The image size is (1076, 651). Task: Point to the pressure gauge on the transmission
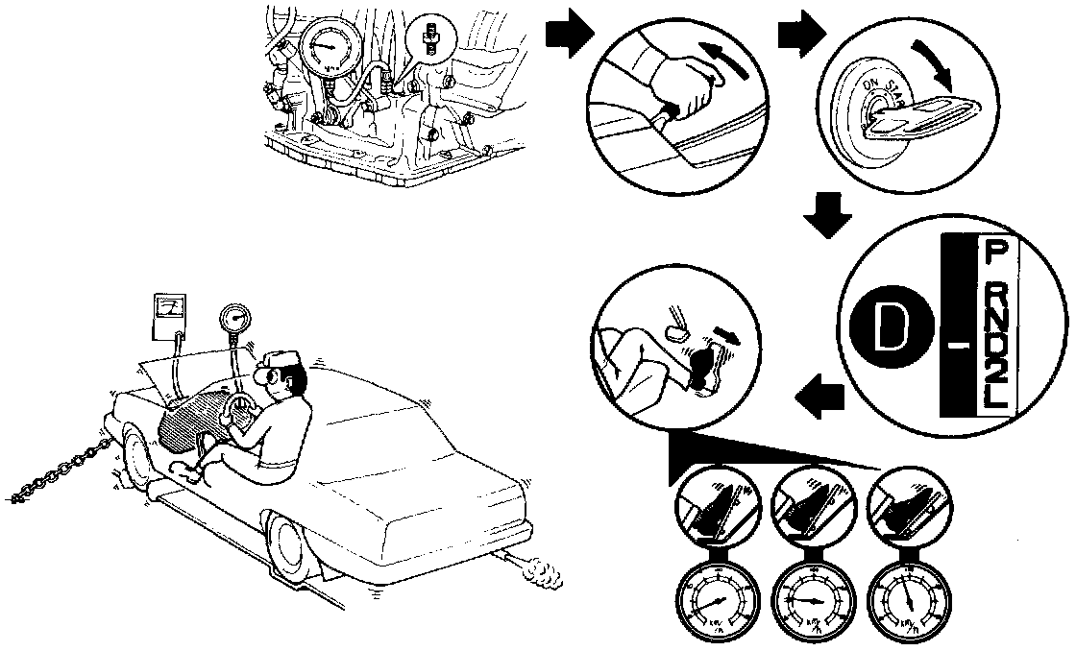coord(330,51)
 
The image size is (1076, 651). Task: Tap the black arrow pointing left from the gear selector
coord(820,397)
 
